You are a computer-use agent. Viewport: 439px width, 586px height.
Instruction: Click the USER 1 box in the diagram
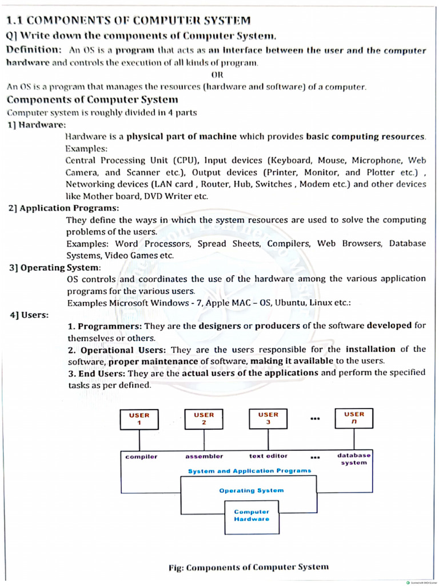(x=139, y=419)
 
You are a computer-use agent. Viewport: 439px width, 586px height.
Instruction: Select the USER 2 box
(x=203, y=419)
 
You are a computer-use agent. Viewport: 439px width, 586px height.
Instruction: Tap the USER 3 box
(x=268, y=418)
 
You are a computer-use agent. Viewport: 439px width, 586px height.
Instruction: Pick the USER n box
(x=354, y=418)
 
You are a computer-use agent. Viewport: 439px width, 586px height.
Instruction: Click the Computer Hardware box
(x=252, y=515)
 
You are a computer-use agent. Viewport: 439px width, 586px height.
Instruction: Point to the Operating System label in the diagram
(x=251, y=490)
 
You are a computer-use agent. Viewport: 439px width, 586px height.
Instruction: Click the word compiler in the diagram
(x=141, y=456)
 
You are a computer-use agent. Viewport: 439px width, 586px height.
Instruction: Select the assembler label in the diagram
(x=204, y=456)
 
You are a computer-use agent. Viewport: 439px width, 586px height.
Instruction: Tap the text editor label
(x=268, y=456)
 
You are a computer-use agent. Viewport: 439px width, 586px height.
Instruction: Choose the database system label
(x=354, y=459)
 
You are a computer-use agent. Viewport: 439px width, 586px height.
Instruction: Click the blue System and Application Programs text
(x=250, y=471)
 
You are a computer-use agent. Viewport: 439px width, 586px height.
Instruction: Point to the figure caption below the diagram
(x=249, y=567)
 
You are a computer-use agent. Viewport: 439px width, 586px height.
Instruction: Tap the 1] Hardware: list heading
(x=37, y=125)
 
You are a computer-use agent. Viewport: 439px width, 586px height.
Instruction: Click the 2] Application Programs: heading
(x=64, y=208)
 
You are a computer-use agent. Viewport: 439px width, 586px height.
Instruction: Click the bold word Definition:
(x=34, y=50)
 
